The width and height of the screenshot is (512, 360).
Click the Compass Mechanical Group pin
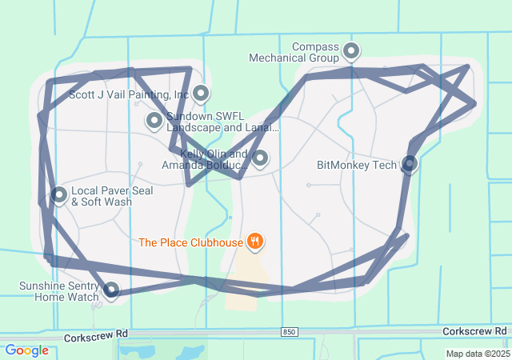point(351,52)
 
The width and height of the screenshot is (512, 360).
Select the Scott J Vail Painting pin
point(200,94)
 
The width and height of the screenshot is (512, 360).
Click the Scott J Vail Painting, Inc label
point(129,94)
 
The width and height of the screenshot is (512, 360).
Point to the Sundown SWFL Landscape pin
point(154,121)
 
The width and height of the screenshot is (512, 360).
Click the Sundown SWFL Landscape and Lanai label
point(222,122)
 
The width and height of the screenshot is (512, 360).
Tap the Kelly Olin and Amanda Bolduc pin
point(260,158)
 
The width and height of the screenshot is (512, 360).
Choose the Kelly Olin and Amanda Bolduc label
point(205,159)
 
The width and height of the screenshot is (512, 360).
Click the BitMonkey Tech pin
point(410,163)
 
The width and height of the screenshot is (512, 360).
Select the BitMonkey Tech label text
point(357,166)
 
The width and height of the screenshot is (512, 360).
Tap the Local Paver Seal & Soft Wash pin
point(59,194)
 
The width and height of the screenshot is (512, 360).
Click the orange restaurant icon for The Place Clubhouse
point(255,240)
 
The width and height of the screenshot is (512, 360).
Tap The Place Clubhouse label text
point(190,242)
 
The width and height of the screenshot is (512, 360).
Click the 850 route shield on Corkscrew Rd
point(289,331)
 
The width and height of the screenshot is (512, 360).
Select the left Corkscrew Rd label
point(97,334)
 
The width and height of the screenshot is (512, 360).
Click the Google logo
point(26,350)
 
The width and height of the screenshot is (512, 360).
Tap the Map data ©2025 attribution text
point(477,354)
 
